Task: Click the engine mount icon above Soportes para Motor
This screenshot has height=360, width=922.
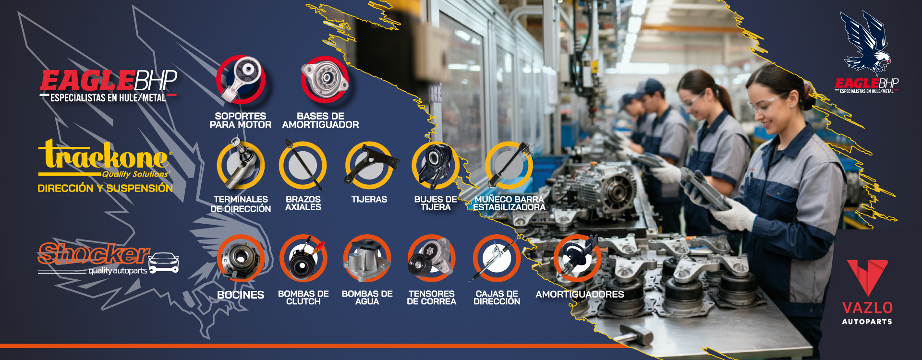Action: pos(241,80)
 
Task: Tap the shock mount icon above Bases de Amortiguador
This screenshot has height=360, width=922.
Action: pos(325,80)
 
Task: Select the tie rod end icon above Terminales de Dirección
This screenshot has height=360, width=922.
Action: pos(240,165)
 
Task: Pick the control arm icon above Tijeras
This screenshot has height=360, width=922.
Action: pos(370,165)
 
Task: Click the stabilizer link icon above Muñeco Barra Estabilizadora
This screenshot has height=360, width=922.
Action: pos(509,165)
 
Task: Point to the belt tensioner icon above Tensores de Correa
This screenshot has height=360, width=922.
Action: pos(431,258)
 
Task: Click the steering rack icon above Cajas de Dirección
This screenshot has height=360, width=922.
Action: pos(497,258)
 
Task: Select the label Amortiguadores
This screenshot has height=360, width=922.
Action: pos(580,294)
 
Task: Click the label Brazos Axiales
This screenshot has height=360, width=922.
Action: pos(303,203)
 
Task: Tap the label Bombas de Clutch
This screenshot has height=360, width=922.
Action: pos(303,298)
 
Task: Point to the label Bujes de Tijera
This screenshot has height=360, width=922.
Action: pos(436,203)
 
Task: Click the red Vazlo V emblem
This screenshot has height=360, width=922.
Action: pos(867,276)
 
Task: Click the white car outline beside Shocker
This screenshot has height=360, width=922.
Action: pos(164,263)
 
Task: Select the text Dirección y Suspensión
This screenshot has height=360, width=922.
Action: pos(105,188)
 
